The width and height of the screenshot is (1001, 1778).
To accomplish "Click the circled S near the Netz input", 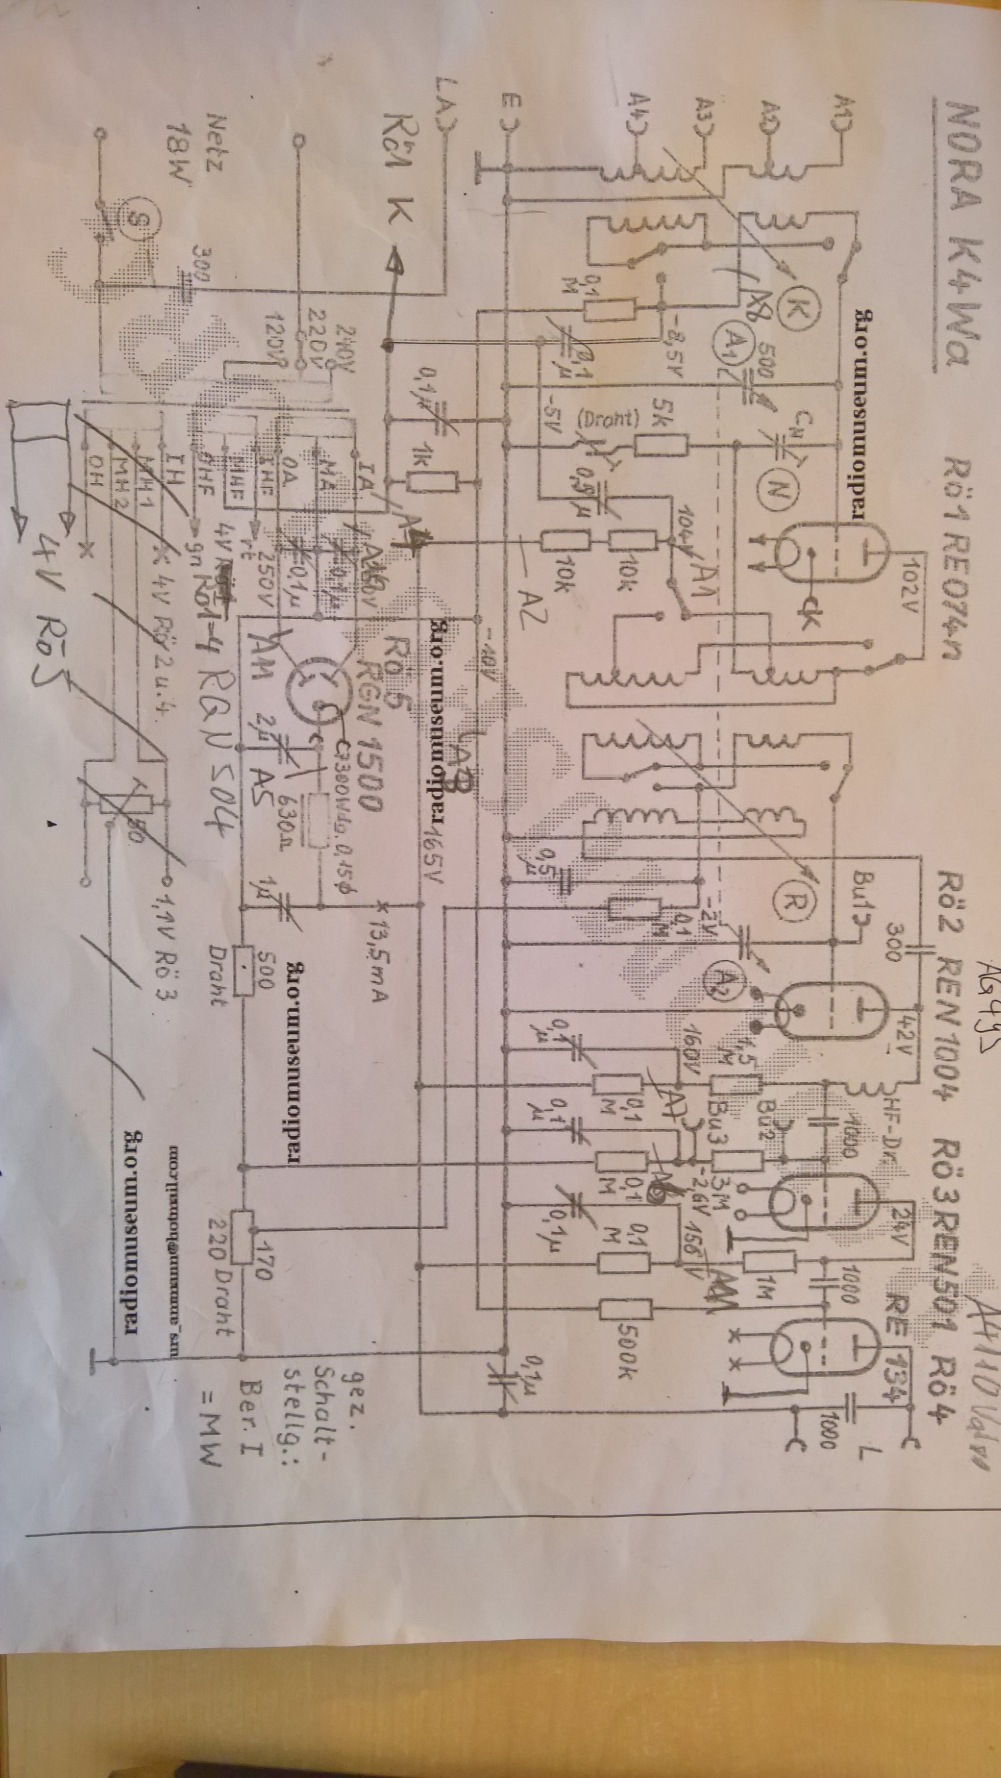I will pyautogui.click(x=135, y=220).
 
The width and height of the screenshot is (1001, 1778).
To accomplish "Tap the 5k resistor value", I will pyautogui.click(x=661, y=412).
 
